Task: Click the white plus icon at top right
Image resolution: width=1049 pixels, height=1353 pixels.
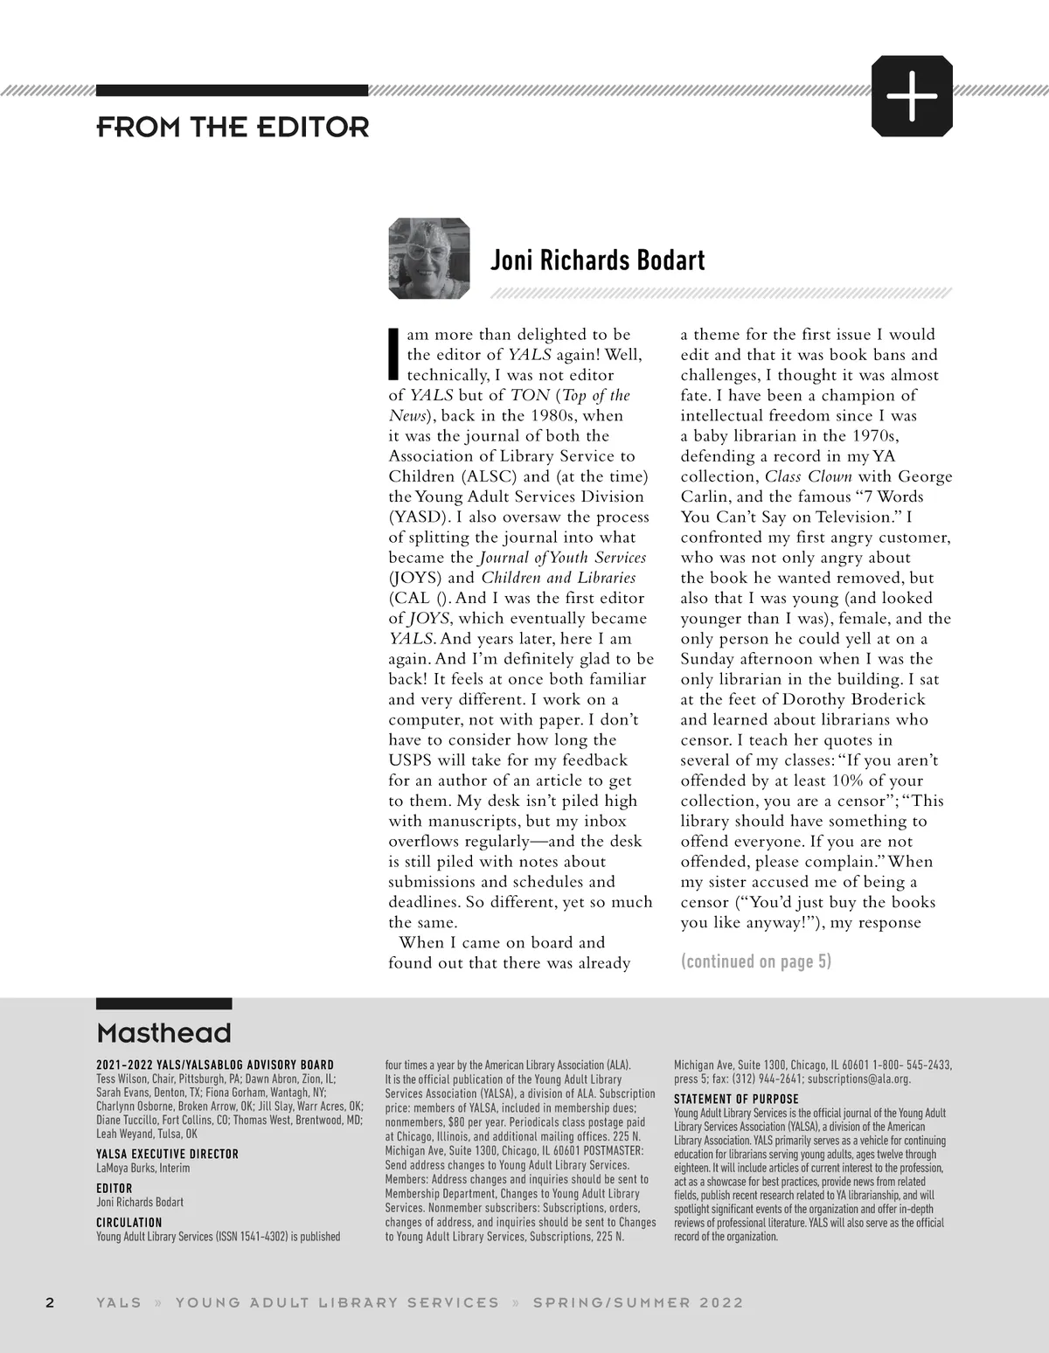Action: (x=912, y=95)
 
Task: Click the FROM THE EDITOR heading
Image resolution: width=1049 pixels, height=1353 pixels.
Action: (x=233, y=128)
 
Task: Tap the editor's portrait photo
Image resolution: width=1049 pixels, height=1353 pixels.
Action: (x=429, y=259)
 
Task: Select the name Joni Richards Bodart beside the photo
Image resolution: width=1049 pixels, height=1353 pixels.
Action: (x=597, y=260)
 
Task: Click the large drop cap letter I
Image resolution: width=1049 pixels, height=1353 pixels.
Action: (x=394, y=354)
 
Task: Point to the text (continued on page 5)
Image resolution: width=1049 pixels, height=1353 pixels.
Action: (x=756, y=961)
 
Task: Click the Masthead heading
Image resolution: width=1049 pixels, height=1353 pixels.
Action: (x=163, y=1033)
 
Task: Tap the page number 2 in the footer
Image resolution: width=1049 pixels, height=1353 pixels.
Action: (x=50, y=1302)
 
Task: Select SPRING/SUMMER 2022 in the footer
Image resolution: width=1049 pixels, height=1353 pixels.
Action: (x=638, y=1302)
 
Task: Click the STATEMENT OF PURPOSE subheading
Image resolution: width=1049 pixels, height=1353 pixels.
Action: (x=736, y=1099)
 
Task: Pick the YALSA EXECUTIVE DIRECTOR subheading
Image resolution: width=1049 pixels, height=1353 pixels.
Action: (x=167, y=1154)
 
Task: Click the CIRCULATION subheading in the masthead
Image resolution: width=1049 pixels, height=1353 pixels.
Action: (x=129, y=1223)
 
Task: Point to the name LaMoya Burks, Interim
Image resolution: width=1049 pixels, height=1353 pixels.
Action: (x=142, y=1168)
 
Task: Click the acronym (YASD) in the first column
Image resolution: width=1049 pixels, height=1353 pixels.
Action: (x=418, y=517)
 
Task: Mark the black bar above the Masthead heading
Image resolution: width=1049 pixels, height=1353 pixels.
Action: (x=163, y=1003)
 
